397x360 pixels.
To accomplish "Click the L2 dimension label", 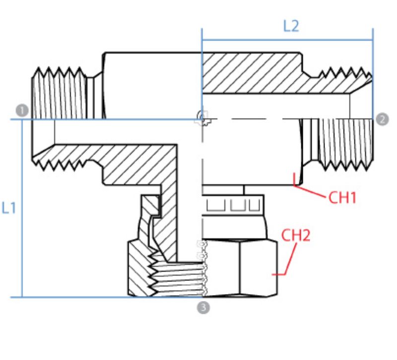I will tap(291, 26).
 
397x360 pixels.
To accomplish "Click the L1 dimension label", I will tap(9, 208).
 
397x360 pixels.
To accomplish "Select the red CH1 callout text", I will tap(342, 198).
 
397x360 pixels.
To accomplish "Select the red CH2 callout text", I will tap(296, 236).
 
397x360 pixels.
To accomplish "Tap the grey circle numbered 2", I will tap(382, 119).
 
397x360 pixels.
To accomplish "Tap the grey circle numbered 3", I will tap(203, 307).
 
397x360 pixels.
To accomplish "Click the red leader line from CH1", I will tap(311, 191).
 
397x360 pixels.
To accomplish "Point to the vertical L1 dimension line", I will tap(22, 208).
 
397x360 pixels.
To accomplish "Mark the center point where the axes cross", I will tap(202, 119).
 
